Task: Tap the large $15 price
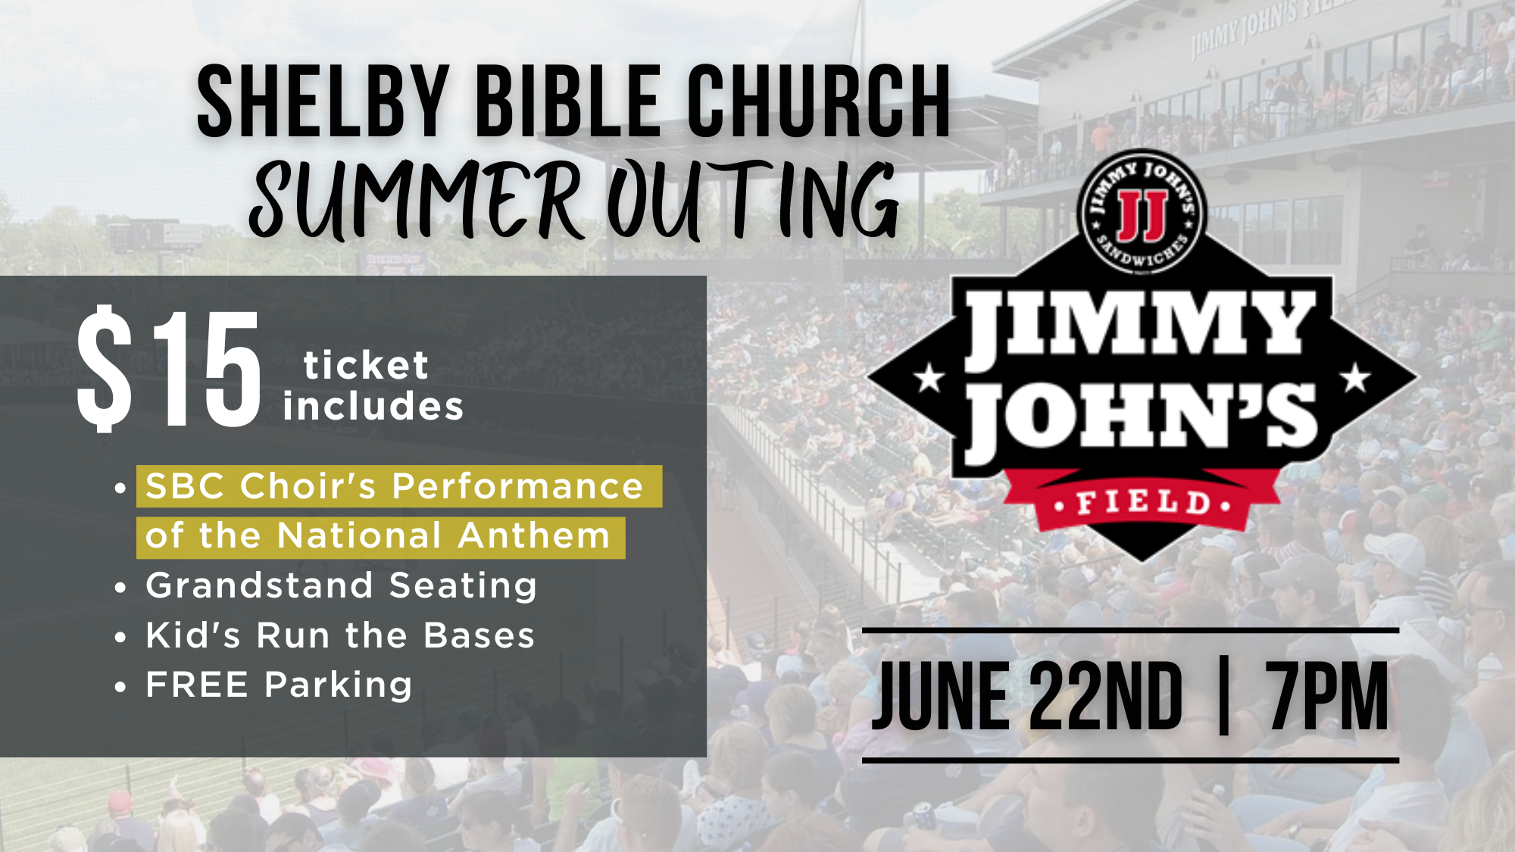click(169, 369)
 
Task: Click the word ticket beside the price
click(366, 366)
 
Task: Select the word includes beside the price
click(373, 407)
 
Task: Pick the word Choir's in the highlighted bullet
click(308, 486)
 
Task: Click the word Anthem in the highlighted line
click(534, 536)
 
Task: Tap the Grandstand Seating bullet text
click(341, 585)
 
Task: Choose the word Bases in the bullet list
click(479, 635)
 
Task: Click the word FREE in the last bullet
click(197, 685)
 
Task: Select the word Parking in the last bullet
click(338, 686)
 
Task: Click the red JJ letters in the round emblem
click(1142, 216)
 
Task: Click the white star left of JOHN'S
click(929, 377)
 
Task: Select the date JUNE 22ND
click(1026, 695)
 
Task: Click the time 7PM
click(1327, 695)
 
